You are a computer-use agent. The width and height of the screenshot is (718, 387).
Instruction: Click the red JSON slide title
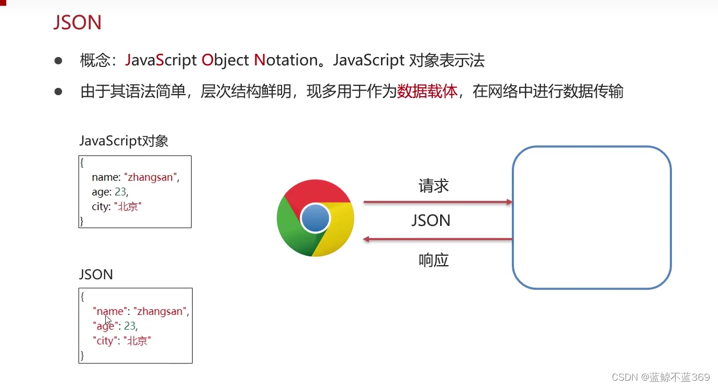pos(77,23)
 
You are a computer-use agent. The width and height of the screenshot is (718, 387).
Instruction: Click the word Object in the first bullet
pos(225,61)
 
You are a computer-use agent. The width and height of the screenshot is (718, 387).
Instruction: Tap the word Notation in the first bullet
pos(286,61)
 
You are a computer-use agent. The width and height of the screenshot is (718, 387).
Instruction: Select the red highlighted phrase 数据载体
pos(427,92)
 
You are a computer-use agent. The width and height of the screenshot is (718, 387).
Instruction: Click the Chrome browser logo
pos(315,218)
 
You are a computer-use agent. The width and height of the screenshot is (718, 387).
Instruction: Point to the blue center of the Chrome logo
pos(316,218)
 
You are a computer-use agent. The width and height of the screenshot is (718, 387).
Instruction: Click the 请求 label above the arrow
pos(433,186)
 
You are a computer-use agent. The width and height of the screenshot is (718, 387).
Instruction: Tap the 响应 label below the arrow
pos(433,260)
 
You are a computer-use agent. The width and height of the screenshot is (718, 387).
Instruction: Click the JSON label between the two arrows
pos(431,220)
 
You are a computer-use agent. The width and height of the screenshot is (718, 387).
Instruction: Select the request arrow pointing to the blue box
pos(437,202)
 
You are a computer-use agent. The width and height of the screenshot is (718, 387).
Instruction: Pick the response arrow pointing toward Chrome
pos(437,239)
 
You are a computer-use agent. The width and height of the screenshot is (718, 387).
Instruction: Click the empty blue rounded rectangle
pos(591,218)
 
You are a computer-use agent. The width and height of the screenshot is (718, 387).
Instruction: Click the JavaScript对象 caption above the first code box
pos(124,141)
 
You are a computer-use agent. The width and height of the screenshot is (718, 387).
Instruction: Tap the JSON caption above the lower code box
pos(96,275)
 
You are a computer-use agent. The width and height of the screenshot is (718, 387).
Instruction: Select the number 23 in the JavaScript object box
pos(120,192)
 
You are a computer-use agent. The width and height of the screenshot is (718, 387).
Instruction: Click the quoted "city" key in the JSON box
pos(105,341)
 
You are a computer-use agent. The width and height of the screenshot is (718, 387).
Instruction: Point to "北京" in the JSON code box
pos(137,341)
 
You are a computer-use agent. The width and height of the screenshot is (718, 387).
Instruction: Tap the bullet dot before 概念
pos(58,61)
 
